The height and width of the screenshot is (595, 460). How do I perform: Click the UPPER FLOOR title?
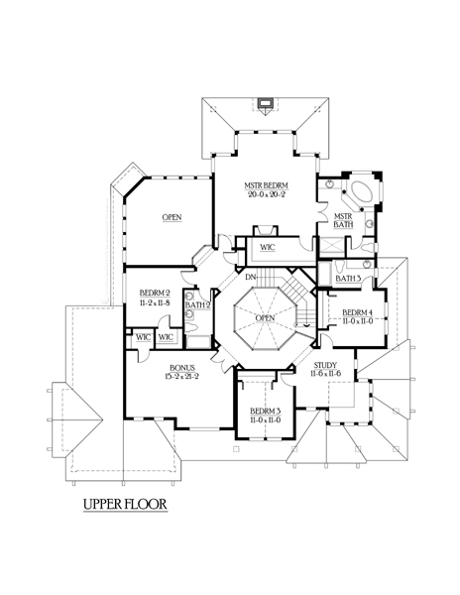[125, 505]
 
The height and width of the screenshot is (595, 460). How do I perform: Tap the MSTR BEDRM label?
[266, 186]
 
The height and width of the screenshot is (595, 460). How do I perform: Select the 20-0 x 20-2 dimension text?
[267, 194]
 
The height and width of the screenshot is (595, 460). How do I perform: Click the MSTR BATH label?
[343, 220]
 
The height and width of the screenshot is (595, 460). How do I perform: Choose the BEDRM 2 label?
[155, 293]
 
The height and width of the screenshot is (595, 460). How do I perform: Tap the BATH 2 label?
[197, 304]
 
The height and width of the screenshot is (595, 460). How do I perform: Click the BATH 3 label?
[348, 279]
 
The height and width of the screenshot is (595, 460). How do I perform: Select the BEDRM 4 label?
[358, 312]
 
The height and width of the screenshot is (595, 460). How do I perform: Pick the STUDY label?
[325, 365]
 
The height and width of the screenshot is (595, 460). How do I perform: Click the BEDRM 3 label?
[266, 412]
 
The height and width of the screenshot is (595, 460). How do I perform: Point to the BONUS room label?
[182, 368]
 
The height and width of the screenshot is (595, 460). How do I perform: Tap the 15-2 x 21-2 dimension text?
[182, 376]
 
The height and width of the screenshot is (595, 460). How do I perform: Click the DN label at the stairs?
[251, 277]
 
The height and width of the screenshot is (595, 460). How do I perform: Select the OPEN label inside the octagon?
[265, 318]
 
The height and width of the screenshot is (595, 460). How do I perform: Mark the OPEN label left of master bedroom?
[172, 217]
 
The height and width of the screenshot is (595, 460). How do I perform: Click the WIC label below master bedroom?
[268, 247]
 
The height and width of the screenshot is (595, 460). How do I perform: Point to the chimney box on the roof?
[265, 103]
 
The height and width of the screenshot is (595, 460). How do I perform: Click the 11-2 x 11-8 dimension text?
[155, 302]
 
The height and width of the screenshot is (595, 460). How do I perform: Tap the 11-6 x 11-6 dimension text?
[325, 374]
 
